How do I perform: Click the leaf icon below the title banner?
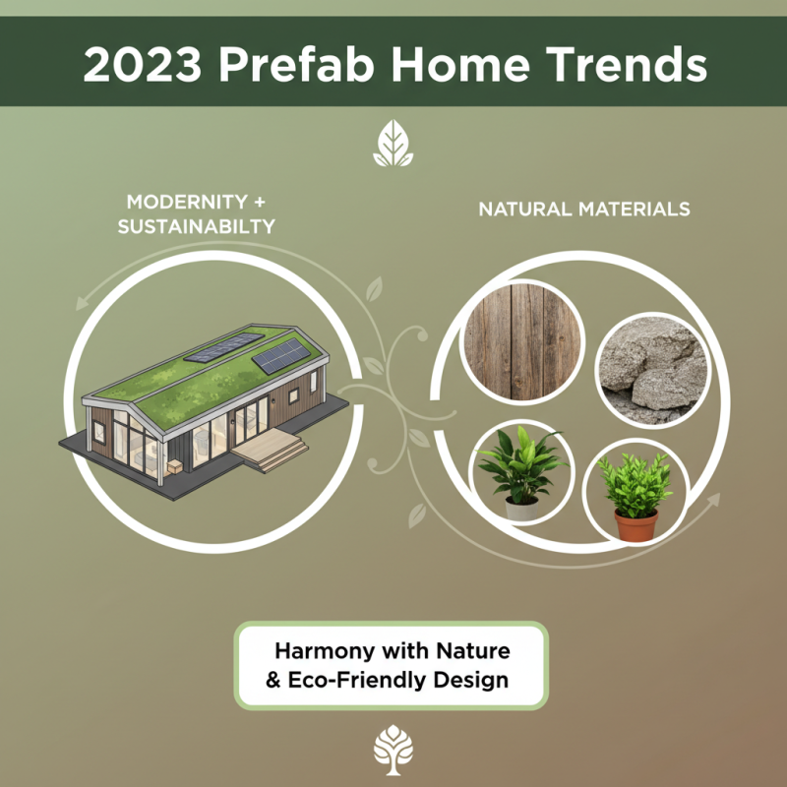click(x=393, y=146)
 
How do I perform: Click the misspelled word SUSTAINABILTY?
click(x=196, y=227)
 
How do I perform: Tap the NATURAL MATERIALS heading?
click(x=584, y=210)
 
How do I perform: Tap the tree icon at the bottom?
click(x=393, y=753)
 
